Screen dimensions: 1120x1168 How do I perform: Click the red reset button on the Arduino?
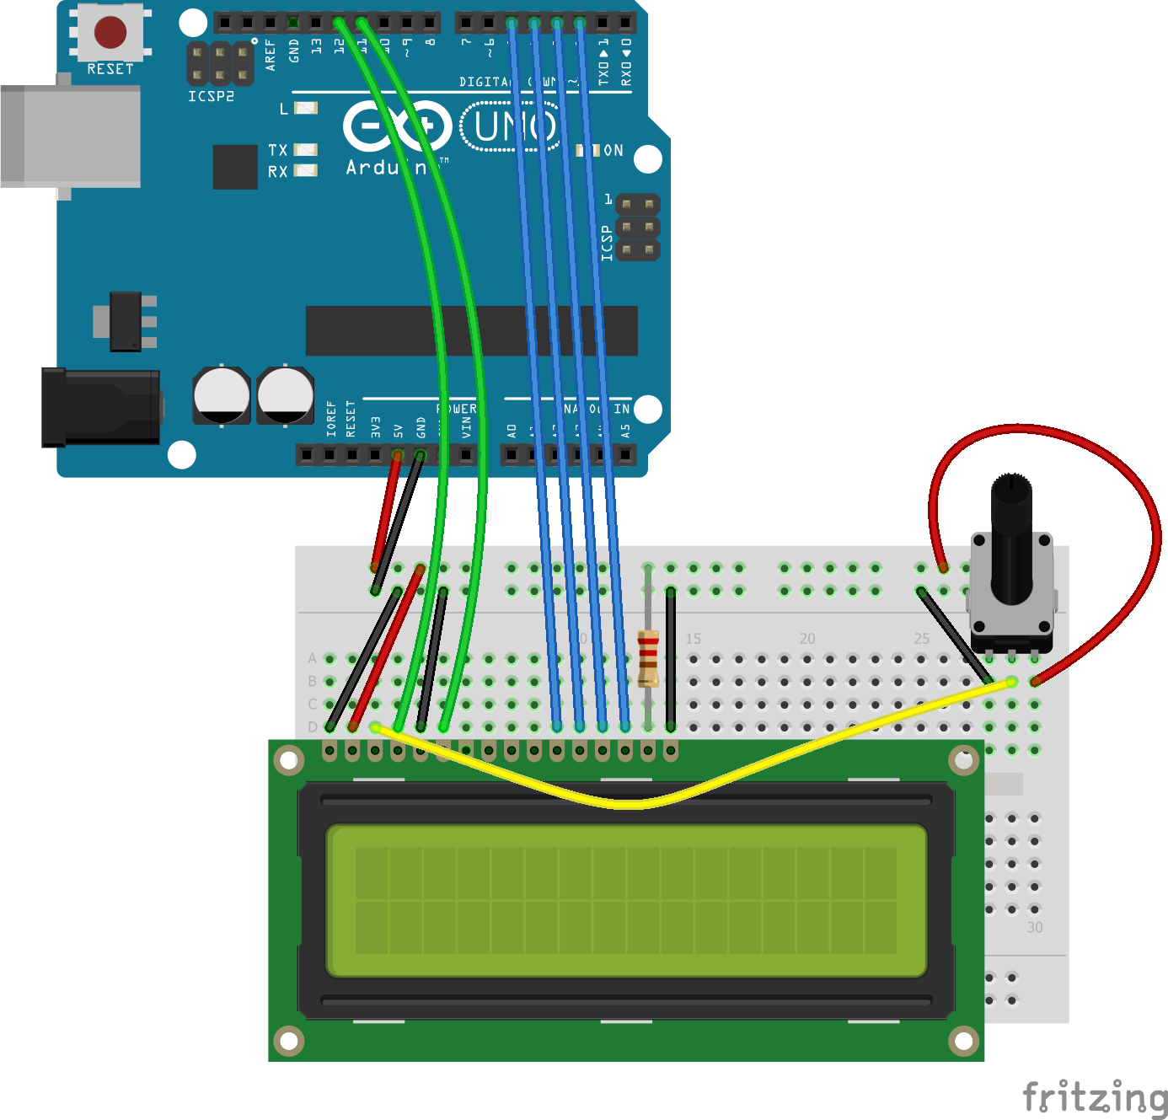pos(110,32)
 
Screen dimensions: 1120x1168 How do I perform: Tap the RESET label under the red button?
pos(110,69)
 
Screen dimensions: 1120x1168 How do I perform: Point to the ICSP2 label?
pos(211,97)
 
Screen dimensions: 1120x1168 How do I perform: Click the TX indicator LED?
pos(305,150)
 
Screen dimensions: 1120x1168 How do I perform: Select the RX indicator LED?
pos(305,171)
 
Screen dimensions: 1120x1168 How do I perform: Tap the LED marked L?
pos(306,108)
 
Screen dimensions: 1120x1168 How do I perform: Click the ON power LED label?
pos(613,151)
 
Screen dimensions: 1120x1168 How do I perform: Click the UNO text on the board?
pos(514,127)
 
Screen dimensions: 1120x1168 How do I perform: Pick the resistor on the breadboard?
pos(648,658)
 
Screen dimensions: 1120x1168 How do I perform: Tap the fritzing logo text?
pos(1095,1098)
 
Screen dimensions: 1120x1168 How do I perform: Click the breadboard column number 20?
pos(807,639)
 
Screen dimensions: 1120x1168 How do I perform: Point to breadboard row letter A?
pos(313,658)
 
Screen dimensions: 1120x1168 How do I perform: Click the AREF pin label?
pos(271,54)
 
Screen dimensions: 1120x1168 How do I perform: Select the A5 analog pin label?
pos(625,430)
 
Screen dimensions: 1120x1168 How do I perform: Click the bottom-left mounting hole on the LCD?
pos(289,1041)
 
